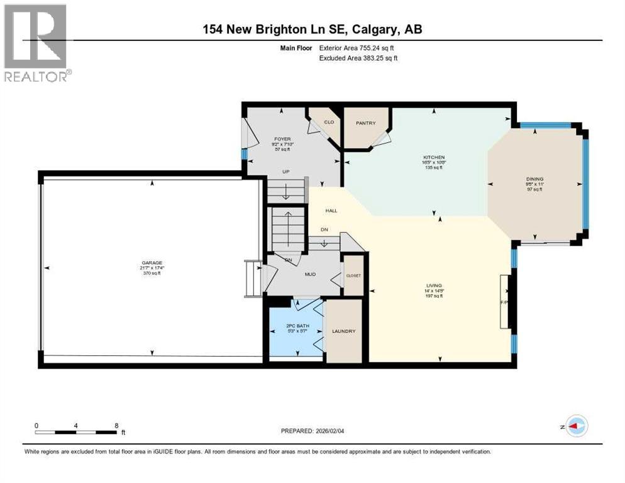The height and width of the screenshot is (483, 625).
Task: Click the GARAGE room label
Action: [x=151, y=263]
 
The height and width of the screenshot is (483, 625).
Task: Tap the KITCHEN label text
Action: [x=434, y=157]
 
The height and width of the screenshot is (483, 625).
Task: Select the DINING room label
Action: [x=534, y=179]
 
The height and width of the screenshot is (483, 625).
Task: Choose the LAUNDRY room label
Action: [x=344, y=331]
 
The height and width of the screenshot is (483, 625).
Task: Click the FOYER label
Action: [x=281, y=139]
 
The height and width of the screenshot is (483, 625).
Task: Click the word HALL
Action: [x=331, y=211]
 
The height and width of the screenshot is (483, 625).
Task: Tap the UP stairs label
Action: [x=285, y=171]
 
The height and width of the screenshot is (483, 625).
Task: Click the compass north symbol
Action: [x=576, y=426]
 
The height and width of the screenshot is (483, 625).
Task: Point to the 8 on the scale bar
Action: [x=117, y=425]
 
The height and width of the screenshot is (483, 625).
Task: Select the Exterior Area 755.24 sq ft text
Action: [x=358, y=48]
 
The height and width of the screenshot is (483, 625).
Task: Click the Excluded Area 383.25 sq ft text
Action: [x=358, y=58]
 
